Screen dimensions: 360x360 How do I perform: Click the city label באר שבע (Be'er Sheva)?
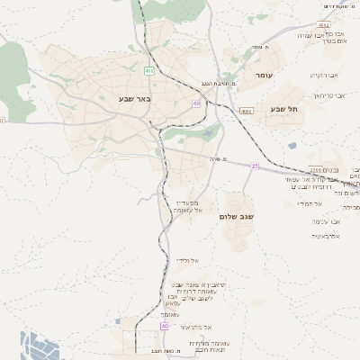(134, 98)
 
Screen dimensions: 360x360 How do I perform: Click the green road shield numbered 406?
(148, 70)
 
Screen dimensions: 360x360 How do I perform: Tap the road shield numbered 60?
(195, 103)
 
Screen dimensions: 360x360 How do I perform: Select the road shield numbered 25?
(255, 166)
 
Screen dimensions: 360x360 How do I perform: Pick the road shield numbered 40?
(165, 326)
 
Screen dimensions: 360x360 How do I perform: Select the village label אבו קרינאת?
(329, 94)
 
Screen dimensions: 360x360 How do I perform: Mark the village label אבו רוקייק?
(325, 75)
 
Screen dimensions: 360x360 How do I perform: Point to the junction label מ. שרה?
(212, 158)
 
